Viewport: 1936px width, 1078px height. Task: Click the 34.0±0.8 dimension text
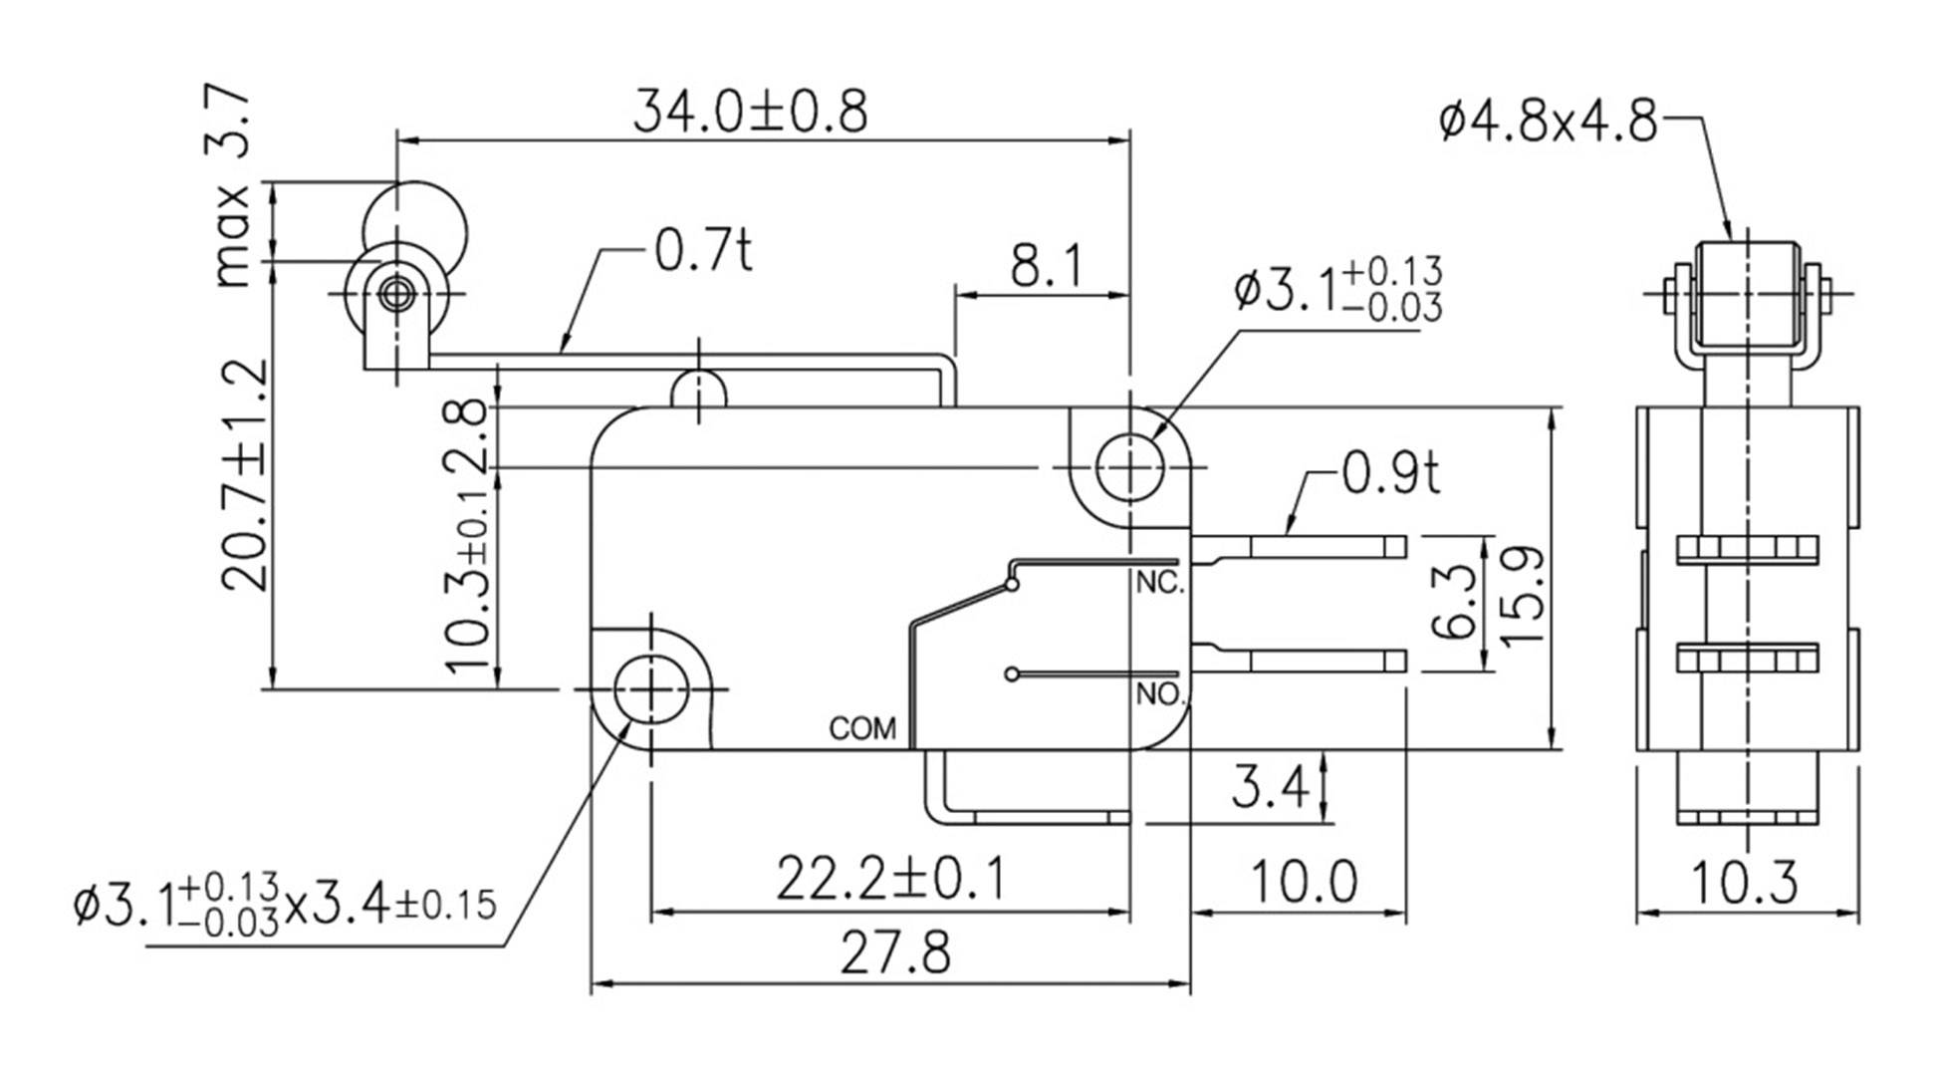pos(750,111)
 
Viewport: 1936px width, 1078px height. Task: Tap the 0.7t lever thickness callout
pos(703,250)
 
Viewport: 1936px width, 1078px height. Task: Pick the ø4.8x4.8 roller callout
pos(1548,122)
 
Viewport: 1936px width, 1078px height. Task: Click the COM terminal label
pos(862,729)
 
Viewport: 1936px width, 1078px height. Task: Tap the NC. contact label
pos(1159,584)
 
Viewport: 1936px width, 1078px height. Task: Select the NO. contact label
pos(1159,694)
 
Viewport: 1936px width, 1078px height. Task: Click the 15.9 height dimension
pos(1522,595)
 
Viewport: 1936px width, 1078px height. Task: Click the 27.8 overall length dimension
pos(894,952)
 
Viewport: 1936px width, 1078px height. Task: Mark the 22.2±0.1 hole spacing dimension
pos(889,878)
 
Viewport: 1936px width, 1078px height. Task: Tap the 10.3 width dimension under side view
pos(1745,883)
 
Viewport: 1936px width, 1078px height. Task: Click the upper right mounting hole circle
pos(1130,466)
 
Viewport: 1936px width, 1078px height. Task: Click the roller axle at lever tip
pos(397,293)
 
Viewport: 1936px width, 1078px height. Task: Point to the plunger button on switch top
pos(699,390)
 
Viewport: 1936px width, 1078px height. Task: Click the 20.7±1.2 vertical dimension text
pos(244,475)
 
